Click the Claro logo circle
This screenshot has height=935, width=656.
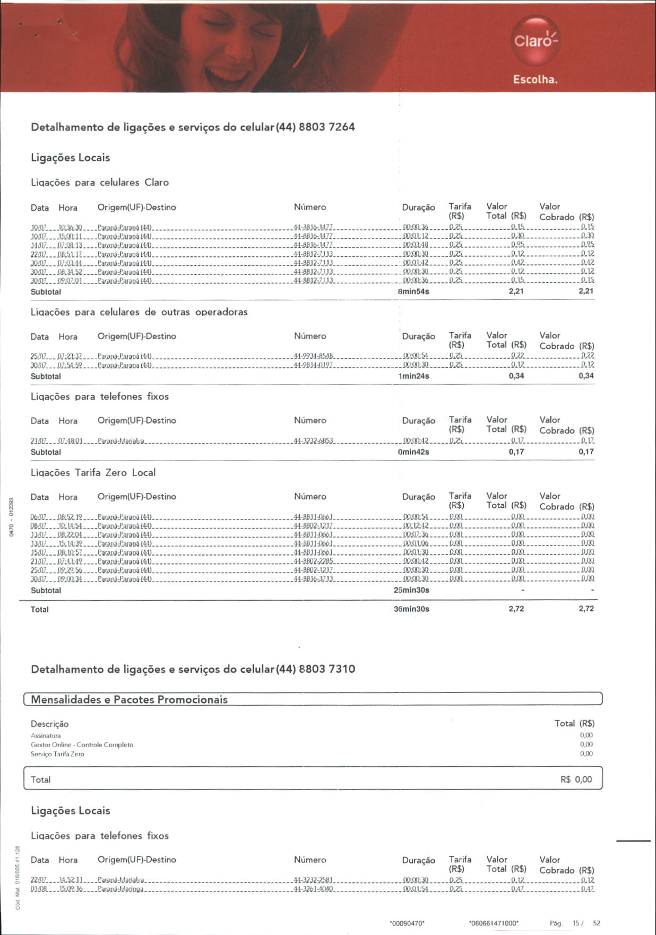coord(536,40)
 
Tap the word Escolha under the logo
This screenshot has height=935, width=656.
coord(535,80)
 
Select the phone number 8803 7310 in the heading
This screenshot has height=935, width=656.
coord(327,669)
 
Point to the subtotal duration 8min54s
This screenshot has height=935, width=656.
coord(413,291)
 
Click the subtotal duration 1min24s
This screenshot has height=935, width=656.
coord(413,376)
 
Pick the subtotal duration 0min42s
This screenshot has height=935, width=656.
coord(413,452)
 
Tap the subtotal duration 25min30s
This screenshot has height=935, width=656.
coord(411,590)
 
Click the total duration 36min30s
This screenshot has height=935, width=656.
coord(411,609)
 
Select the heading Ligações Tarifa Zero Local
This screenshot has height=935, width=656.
coord(93,473)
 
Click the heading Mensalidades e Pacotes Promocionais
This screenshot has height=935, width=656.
coord(129,699)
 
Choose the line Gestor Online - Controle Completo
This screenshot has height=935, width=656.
coord(82,745)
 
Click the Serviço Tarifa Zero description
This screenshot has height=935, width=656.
coord(57,754)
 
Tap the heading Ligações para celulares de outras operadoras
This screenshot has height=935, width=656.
coord(139,312)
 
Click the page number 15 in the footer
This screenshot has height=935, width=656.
coord(576,923)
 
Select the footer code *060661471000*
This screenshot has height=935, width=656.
coord(494,923)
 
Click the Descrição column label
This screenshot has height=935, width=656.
coord(49,724)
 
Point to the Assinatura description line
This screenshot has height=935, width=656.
coord(46,736)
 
